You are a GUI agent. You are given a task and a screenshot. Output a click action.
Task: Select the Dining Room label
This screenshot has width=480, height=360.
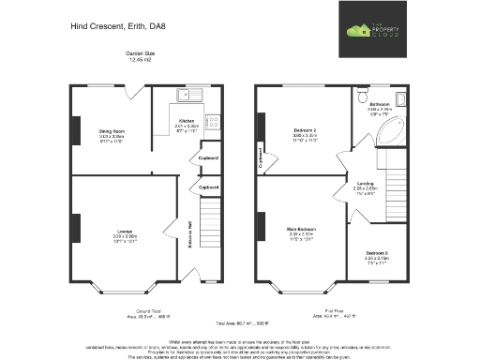pyautogui.click(x=112, y=121)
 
